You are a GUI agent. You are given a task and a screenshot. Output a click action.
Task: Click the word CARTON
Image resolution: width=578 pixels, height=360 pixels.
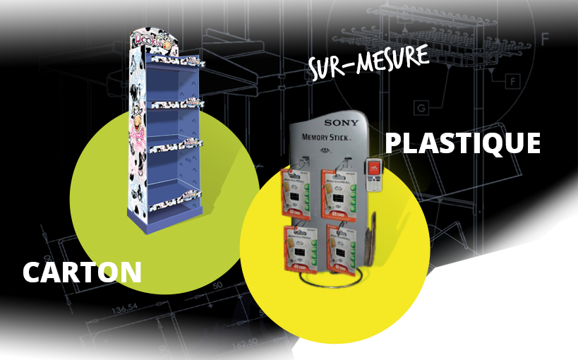pos(82,272)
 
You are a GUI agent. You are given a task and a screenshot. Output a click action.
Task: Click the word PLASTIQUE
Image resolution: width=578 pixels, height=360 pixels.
pos(463,143)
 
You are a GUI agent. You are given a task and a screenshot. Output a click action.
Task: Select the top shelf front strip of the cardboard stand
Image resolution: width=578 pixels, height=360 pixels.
pos(176,62)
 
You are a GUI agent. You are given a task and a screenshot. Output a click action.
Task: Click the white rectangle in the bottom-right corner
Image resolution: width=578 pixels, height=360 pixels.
pos(537,304)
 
